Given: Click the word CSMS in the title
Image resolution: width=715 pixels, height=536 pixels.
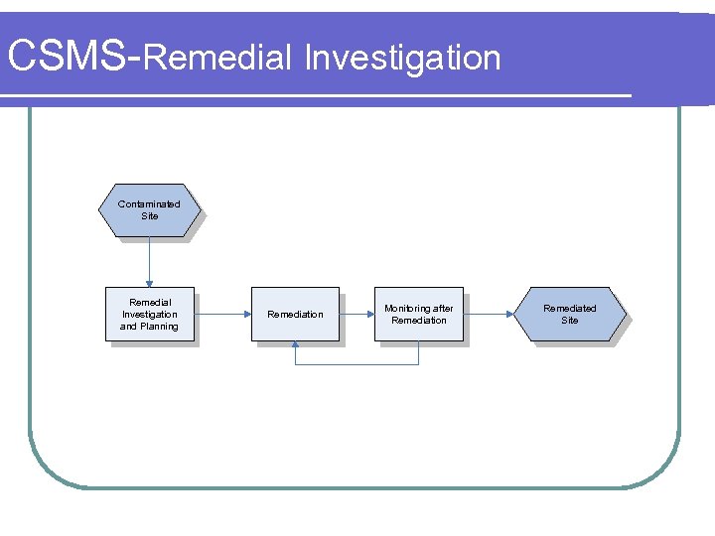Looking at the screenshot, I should (x=67, y=58).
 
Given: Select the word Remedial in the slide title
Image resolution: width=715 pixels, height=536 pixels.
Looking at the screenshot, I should (x=216, y=58).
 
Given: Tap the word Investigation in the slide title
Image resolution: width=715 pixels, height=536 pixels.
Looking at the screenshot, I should (x=402, y=58).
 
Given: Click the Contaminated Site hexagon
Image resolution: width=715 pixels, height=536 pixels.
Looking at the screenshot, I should (x=149, y=210).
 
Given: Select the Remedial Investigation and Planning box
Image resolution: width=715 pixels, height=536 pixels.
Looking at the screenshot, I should (x=149, y=315).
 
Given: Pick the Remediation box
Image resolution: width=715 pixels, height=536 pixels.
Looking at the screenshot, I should (x=295, y=315).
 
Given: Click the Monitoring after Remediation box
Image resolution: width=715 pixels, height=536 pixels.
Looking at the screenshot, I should (x=418, y=315).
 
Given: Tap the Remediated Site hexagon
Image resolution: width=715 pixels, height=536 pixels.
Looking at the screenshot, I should (x=569, y=315).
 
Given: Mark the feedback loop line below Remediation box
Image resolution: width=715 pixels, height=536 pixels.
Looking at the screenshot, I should (x=357, y=364).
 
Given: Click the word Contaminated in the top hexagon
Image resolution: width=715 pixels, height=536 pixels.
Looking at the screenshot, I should (x=149, y=204).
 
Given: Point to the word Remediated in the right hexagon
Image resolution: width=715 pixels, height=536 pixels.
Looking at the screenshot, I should (x=569, y=309).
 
